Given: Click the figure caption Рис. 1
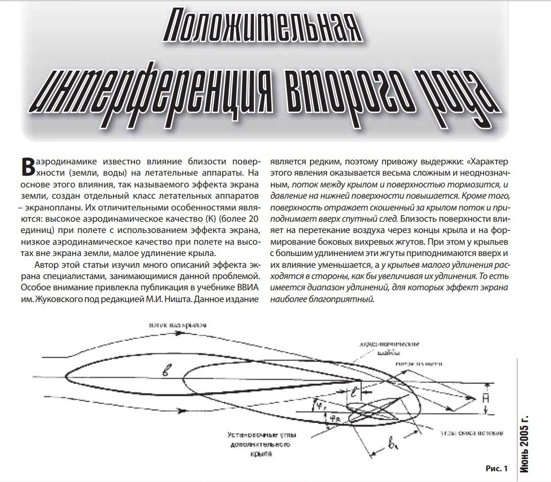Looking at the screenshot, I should click(496, 469).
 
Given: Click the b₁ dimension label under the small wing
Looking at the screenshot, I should click(394, 444).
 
